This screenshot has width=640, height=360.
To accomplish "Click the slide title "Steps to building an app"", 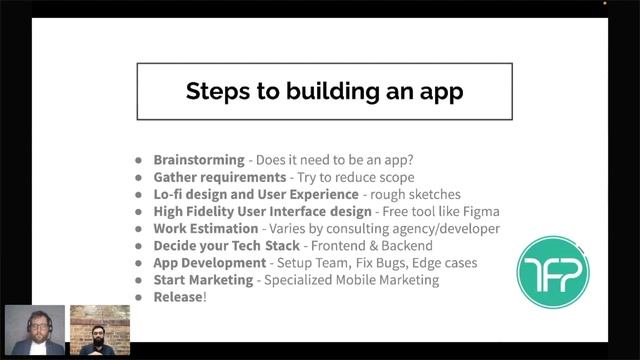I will coord(324,92).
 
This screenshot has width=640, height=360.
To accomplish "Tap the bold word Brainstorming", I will coord(199,159).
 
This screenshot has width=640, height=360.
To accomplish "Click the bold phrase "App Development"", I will coord(210,263).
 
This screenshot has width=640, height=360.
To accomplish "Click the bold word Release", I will coord(178,297).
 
